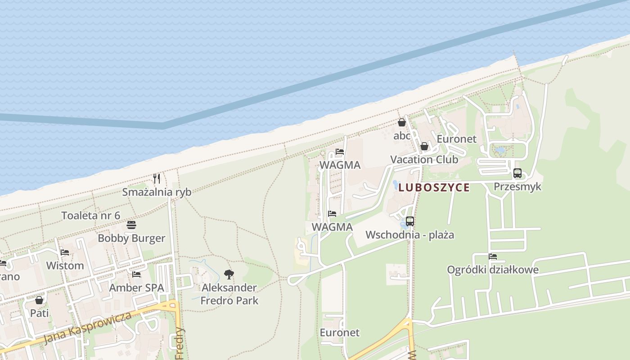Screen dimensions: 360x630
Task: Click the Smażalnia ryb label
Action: tap(157, 192)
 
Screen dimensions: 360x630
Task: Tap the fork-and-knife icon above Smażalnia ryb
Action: tap(157, 179)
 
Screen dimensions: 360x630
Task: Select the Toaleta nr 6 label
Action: tap(91, 216)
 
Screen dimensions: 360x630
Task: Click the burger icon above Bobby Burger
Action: tap(131, 225)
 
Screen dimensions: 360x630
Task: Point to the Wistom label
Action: tap(65, 265)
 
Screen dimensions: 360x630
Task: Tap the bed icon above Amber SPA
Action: tap(136, 274)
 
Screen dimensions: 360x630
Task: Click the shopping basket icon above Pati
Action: tap(39, 300)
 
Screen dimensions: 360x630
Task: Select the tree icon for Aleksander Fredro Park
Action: tap(229, 274)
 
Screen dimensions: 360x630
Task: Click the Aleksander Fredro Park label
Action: tap(229, 294)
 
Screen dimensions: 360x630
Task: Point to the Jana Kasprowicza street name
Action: tap(88, 328)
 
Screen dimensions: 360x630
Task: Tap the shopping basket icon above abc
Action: tap(402, 122)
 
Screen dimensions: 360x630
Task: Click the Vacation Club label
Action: tap(424, 160)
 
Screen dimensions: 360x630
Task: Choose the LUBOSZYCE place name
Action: tap(434, 188)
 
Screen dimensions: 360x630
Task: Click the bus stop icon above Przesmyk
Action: tap(517, 173)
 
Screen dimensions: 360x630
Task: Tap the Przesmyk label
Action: tap(517, 187)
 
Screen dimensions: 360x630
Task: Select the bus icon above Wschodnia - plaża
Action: tap(409, 221)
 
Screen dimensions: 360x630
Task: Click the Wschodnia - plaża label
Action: tap(409, 235)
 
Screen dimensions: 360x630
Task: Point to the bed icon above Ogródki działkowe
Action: tap(493, 256)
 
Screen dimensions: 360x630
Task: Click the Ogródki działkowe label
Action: tap(493, 270)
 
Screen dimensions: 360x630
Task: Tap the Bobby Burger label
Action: tap(131, 238)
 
